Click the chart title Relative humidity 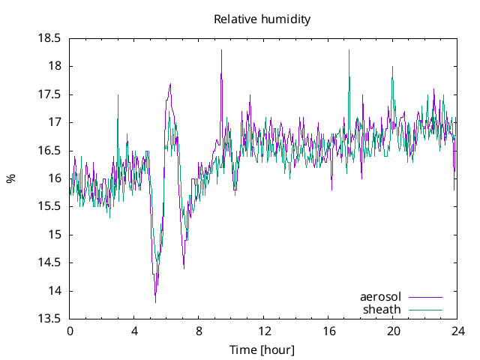(262, 19)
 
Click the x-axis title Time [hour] (262, 350)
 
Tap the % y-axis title (11, 178)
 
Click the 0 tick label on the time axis (70, 331)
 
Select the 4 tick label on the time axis (134, 331)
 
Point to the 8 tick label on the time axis (199, 331)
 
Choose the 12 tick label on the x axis (263, 331)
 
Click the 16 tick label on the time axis (328, 331)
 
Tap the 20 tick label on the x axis (392, 331)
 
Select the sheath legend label (382, 309)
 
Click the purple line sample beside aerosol (425, 297)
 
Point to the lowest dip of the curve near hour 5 (155, 302)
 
